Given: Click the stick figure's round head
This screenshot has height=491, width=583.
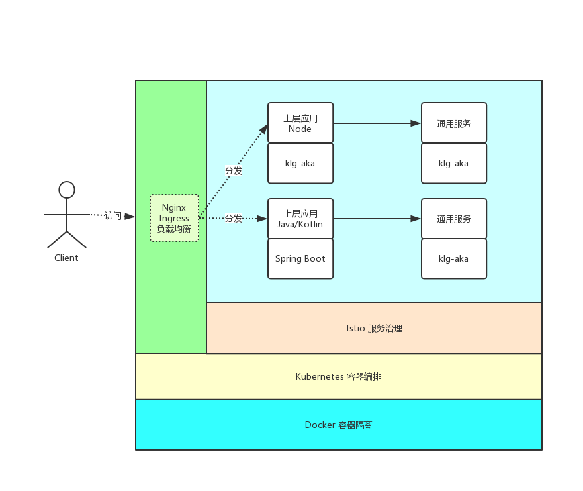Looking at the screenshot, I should (67, 190).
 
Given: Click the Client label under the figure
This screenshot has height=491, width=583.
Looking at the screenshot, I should (66, 258).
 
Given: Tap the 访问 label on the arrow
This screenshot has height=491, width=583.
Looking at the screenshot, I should (113, 215).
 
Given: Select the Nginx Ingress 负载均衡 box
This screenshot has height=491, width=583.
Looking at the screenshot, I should (174, 218).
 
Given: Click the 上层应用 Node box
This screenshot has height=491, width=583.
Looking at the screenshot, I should (300, 123).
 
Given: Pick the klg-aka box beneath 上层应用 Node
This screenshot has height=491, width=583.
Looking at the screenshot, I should (300, 163).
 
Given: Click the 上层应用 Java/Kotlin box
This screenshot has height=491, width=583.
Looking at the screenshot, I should (300, 219).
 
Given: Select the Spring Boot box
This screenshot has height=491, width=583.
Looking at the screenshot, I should (300, 258).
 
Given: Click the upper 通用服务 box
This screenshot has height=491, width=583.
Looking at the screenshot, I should (454, 123).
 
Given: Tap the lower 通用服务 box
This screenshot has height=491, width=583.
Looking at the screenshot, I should (454, 219).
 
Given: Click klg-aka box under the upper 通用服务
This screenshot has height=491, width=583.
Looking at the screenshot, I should (454, 163).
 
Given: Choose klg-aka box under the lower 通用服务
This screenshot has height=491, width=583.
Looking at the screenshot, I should (454, 258).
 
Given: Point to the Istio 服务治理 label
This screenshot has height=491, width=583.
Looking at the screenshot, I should (374, 328).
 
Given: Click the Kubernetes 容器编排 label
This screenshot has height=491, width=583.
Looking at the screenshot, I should (338, 376).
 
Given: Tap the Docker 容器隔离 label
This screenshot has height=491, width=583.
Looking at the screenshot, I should (338, 425).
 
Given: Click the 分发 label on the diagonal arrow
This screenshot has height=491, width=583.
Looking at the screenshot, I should (234, 170).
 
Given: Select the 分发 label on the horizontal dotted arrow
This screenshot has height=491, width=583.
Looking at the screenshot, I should (234, 218).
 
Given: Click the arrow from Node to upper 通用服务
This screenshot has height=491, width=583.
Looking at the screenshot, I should (377, 123).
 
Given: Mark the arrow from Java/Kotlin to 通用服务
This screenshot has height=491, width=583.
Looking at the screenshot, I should (377, 219).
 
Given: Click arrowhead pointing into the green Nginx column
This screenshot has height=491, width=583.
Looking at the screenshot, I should (130, 216).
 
